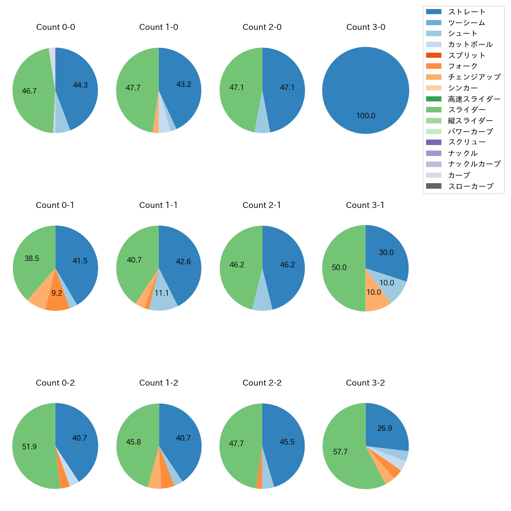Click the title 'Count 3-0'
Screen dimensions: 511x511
pyautogui.click(x=366, y=27)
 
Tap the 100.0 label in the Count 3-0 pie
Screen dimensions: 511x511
pyautogui.click(x=366, y=116)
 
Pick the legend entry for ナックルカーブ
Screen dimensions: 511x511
pyautogui.click(x=474, y=164)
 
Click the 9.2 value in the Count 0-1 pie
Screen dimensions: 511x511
pyautogui.click(x=57, y=293)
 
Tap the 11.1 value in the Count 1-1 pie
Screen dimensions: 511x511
pyautogui.click(x=162, y=293)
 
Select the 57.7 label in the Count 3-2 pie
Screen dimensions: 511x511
pyautogui.click(x=340, y=452)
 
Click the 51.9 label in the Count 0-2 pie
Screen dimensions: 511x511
pyautogui.click(x=29, y=447)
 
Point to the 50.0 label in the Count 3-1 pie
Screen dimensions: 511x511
pyautogui.click(x=339, y=268)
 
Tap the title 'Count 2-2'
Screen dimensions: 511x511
pyautogui.click(x=262, y=383)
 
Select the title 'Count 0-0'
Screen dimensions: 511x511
pyautogui.click(x=55, y=27)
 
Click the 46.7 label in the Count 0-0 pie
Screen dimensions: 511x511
pyautogui.click(x=29, y=91)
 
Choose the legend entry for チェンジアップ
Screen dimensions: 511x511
pyautogui.click(x=474, y=77)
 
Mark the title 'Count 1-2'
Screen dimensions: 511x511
pyautogui.click(x=158, y=383)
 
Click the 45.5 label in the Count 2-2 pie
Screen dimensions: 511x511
pyautogui.click(x=287, y=442)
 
